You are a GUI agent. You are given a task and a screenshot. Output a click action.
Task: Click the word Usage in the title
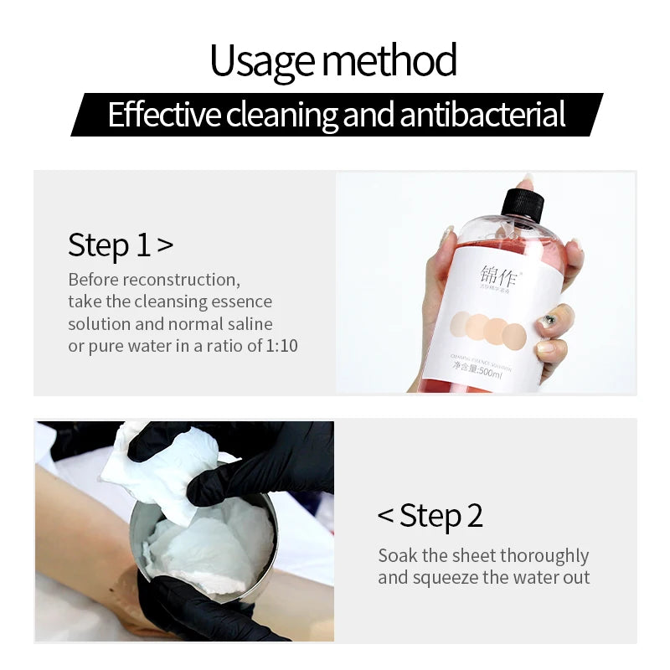pos(263,61)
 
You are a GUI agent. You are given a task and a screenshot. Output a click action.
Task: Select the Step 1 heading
pos(121,245)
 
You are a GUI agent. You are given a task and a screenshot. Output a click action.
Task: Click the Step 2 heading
pos(430,515)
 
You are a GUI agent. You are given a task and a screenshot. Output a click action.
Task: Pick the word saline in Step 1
pos(247,323)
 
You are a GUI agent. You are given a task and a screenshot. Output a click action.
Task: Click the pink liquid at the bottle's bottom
pos(469,385)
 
